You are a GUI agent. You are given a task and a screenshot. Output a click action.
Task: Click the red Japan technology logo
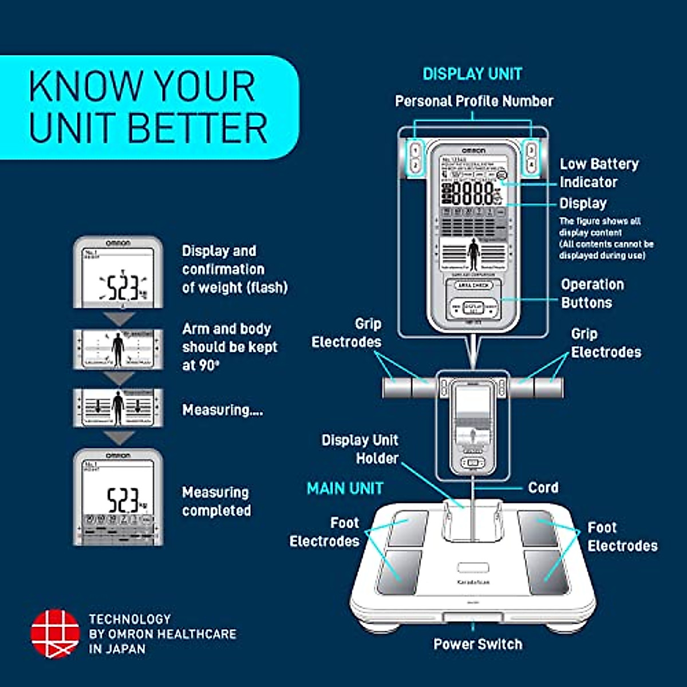click(x=55, y=633)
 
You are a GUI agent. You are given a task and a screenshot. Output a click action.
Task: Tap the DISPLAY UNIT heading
click(x=472, y=74)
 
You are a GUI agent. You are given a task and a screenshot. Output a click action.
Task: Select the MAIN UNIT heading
click(x=345, y=488)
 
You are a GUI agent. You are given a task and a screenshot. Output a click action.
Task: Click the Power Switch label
click(x=477, y=644)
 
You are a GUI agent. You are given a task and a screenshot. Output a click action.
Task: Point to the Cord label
click(x=543, y=488)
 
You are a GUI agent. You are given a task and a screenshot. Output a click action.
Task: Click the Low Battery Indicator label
click(x=598, y=173)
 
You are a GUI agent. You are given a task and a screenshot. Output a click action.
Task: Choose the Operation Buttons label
click(x=592, y=294)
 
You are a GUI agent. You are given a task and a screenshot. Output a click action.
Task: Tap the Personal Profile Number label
click(x=474, y=101)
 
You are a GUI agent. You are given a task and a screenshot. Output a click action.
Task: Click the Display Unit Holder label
click(x=360, y=449)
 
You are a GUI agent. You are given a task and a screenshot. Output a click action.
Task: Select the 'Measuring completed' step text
click(x=216, y=502)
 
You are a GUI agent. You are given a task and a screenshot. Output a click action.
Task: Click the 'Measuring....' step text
click(x=222, y=410)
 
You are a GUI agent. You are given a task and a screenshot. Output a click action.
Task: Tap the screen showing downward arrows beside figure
click(x=119, y=408)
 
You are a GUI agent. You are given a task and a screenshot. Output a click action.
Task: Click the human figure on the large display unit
click(x=473, y=254)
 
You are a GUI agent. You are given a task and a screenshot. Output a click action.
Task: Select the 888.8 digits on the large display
click(x=473, y=193)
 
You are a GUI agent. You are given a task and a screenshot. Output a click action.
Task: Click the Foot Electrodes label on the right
click(x=622, y=536)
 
